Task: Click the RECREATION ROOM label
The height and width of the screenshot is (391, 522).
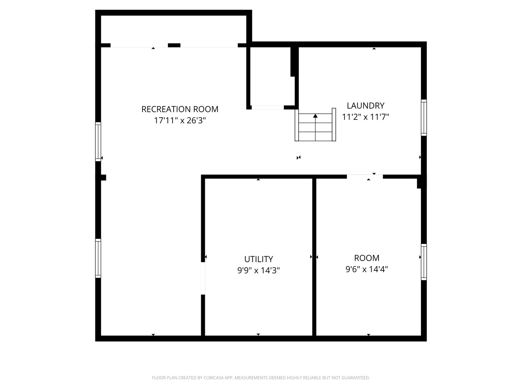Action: coord(180,109)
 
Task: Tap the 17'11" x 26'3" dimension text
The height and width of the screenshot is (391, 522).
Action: coord(180,121)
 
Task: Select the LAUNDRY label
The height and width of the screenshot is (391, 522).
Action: coord(365,105)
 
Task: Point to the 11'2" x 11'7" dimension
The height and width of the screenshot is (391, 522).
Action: coord(365,117)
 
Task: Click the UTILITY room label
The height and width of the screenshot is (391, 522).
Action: coord(258,259)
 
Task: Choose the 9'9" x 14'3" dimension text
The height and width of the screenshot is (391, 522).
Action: coord(258,270)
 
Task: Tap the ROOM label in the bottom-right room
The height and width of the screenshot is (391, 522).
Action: coord(366,258)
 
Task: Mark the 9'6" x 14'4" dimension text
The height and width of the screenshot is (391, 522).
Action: coord(366,269)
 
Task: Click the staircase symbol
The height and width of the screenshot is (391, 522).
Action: coord(315,127)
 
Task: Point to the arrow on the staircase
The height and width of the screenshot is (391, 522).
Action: coord(315,116)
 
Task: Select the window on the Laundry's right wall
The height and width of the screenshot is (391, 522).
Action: coord(424,118)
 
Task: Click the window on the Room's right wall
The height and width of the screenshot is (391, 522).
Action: coord(424,262)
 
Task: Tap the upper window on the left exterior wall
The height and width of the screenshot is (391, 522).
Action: coord(98,142)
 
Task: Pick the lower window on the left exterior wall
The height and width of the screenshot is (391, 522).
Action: coord(98,258)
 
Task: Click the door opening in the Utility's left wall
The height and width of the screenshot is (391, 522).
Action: coord(203,278)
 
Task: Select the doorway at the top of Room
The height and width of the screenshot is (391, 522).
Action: coord(365,177)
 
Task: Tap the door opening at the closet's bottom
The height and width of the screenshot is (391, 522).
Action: coord(268,107)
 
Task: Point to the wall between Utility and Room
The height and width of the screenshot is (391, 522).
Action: coord(314,257)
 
